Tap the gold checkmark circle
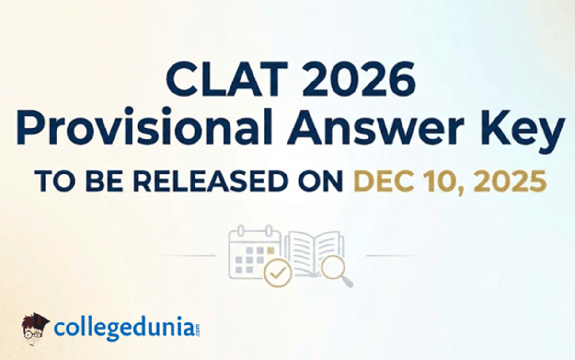pos(278,273)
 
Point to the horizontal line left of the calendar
pos(187,255)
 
